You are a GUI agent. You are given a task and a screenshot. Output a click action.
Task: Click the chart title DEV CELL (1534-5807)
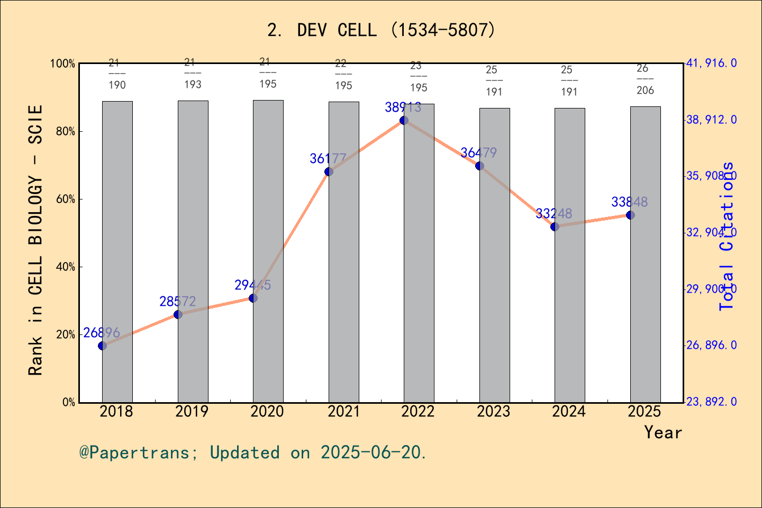(x=381, y=30)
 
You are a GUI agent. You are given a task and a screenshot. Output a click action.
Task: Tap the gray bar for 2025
(x=645, y=254)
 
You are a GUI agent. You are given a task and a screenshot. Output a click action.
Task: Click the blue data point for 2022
(x=404, y=120)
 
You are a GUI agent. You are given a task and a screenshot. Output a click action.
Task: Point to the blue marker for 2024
(x=555, y=226)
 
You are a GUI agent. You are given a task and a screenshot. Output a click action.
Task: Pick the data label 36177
(x=328, y=158)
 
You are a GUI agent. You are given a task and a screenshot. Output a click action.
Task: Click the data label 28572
(x=178, y=302)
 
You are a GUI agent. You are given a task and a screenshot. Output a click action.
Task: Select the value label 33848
(x=629, y=202)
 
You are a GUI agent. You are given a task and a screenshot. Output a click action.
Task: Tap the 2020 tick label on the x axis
(x=267, y=411)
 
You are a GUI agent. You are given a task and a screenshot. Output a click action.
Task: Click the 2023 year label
(x=494, y=411)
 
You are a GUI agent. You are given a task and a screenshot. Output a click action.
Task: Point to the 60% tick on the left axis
(x=66, y=199)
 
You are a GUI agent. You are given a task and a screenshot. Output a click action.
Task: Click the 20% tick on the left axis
(x=66, y=335)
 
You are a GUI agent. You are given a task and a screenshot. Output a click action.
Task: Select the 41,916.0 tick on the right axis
(x=711, y=63)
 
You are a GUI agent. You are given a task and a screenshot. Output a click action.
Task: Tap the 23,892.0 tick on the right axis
(x=711, y=402)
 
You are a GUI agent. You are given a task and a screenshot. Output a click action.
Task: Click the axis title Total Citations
(x=727, y=235)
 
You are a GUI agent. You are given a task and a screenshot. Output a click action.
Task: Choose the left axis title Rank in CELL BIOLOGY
(x=35, y=241)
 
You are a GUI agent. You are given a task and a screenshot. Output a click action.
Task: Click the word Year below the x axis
(x=663, y=432)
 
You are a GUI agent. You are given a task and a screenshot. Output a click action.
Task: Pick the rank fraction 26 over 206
(x=645, y=79)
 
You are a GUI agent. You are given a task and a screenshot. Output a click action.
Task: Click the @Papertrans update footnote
(x=253, y=452)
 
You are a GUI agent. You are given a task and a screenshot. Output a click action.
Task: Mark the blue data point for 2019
(x=178, y=314)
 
